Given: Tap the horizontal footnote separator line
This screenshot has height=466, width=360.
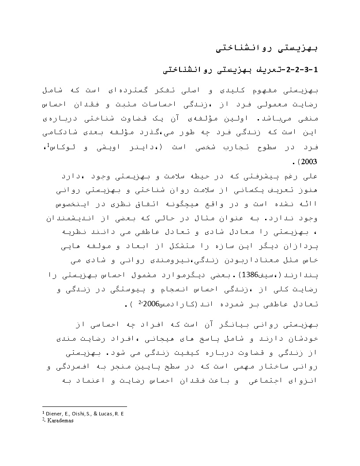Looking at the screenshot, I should [84, 406].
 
